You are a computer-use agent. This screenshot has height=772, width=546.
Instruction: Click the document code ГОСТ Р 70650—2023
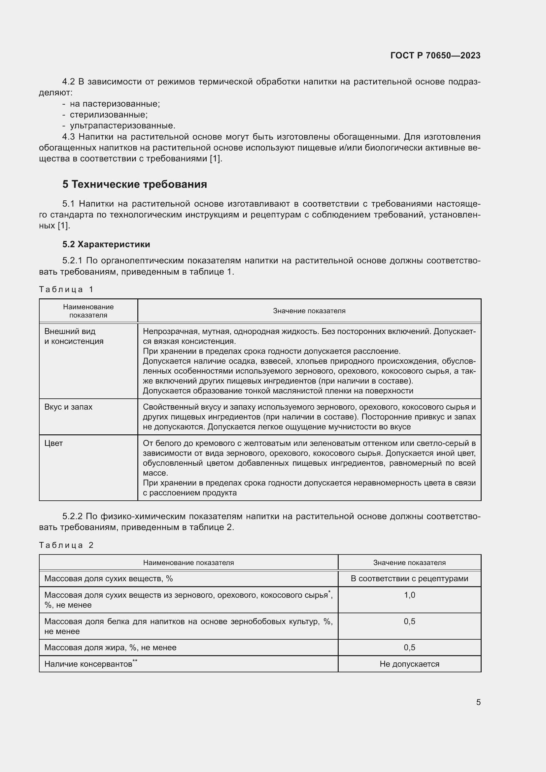435,55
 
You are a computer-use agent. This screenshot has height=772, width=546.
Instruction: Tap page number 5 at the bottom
478,702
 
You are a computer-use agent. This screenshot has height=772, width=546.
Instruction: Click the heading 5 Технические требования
134,184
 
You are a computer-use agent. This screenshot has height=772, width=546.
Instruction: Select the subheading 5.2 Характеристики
106,244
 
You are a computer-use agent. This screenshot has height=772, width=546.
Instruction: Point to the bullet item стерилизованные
108,115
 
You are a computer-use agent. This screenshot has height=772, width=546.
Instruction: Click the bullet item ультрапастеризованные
122,126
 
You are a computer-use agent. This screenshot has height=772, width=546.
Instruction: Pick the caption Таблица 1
66,289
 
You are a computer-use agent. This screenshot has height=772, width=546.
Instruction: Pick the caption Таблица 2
66,545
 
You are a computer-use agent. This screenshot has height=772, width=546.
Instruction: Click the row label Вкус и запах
68,407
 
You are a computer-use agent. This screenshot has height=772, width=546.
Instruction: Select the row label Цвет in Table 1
53,443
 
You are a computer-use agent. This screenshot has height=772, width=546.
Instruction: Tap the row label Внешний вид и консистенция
74,336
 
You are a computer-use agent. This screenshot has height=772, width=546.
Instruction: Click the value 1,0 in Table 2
409,595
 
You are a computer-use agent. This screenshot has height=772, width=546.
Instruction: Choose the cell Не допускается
409,664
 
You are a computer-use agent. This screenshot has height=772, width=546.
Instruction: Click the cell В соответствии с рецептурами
409,578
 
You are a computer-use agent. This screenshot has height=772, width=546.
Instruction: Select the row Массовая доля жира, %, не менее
110,647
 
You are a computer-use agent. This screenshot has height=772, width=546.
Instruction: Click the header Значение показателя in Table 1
309,311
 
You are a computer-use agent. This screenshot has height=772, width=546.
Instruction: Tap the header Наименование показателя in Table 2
188,562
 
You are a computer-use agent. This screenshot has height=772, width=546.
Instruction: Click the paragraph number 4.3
69,137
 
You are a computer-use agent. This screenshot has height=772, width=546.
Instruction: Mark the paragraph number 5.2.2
73,516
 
